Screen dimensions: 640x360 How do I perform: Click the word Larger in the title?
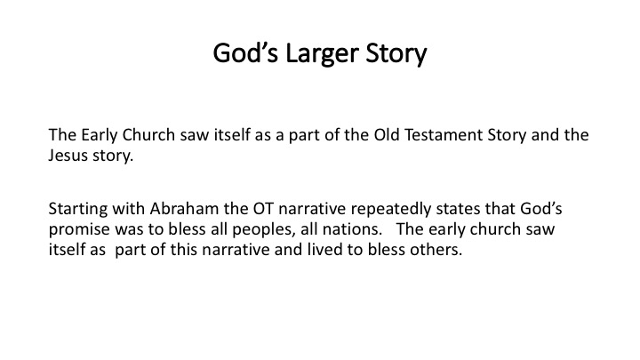(322, 54)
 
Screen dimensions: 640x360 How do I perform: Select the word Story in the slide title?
(396, 54)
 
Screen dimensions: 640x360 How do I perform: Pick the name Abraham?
(185, 209)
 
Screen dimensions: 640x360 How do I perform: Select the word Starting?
(78, 210)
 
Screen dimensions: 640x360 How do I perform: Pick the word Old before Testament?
(387, 135)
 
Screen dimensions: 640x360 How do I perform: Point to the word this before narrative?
(184, 250)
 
